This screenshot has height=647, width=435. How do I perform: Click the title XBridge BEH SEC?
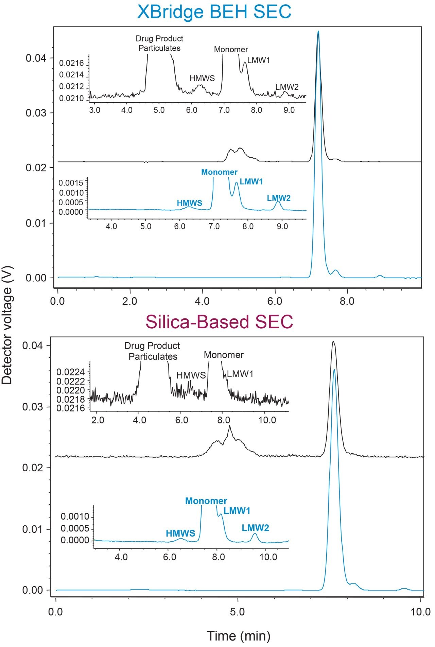(214, 12)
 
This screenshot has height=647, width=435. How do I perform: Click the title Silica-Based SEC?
(219, 321)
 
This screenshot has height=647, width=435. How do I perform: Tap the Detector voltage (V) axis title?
(7, 335)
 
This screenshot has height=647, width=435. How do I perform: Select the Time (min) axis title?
(239, 635)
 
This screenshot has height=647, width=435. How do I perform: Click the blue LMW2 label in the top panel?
(279, 198)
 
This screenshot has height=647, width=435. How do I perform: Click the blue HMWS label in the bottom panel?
(180, 533)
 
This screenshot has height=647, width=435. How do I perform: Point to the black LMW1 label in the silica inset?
(240, 374)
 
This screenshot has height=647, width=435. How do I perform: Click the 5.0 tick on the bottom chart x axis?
(237, 612)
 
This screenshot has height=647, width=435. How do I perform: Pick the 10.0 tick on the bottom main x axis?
(420, 612)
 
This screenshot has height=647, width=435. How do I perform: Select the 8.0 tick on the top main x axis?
(347, 301)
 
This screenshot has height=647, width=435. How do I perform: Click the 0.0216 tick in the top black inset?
(71, 63)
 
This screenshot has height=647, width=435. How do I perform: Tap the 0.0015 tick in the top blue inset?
(71, 183)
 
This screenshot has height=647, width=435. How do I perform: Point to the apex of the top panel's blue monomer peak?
(318, 32)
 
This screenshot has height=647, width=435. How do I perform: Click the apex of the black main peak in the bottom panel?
(333, 342)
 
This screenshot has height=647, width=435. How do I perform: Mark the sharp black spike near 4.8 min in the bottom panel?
(230, 426)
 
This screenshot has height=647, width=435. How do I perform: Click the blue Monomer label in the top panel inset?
(219, 172)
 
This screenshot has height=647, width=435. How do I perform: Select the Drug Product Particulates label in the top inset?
(159, 43)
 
